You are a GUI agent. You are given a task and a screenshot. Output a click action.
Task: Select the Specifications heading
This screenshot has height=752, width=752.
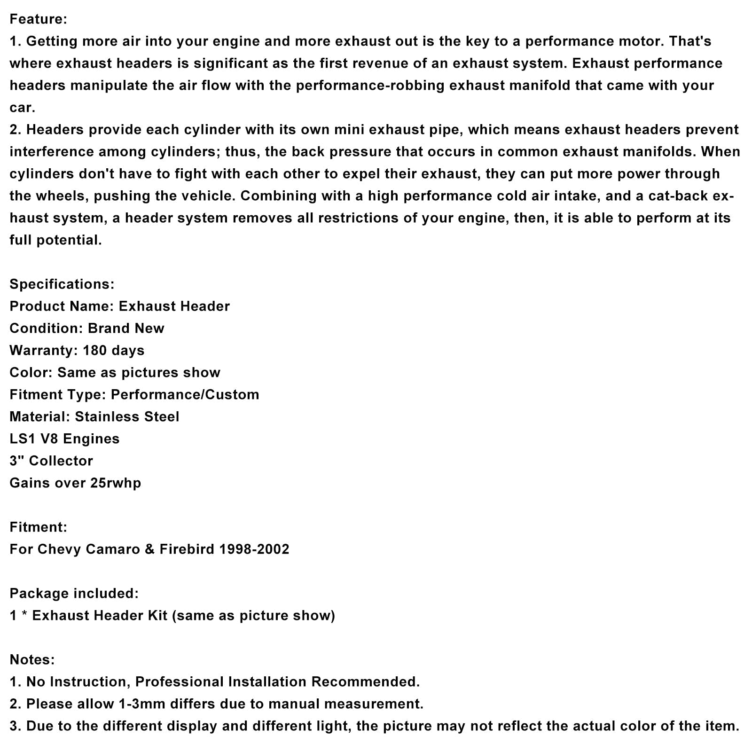[x=62, y=284]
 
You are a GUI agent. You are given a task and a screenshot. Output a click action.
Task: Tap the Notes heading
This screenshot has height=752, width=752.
[x=32, y=659]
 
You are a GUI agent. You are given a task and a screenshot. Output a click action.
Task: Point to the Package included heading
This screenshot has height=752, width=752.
[x=74, y=593]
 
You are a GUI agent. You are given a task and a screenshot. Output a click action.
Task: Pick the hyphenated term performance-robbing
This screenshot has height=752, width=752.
[x=370, y=86]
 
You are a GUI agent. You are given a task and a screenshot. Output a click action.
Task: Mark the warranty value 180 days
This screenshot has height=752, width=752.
[x=113, y=351]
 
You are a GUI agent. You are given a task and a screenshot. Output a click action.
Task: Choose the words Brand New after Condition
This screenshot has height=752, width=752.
[x=126, y=329]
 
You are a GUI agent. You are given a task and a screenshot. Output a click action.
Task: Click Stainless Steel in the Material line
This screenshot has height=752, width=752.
[x=127, y=417]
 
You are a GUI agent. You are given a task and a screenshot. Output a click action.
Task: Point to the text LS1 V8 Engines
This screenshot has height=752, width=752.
[x=64, y=439]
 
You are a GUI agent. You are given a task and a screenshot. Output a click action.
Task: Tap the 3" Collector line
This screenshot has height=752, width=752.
[x=51, y=461]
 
